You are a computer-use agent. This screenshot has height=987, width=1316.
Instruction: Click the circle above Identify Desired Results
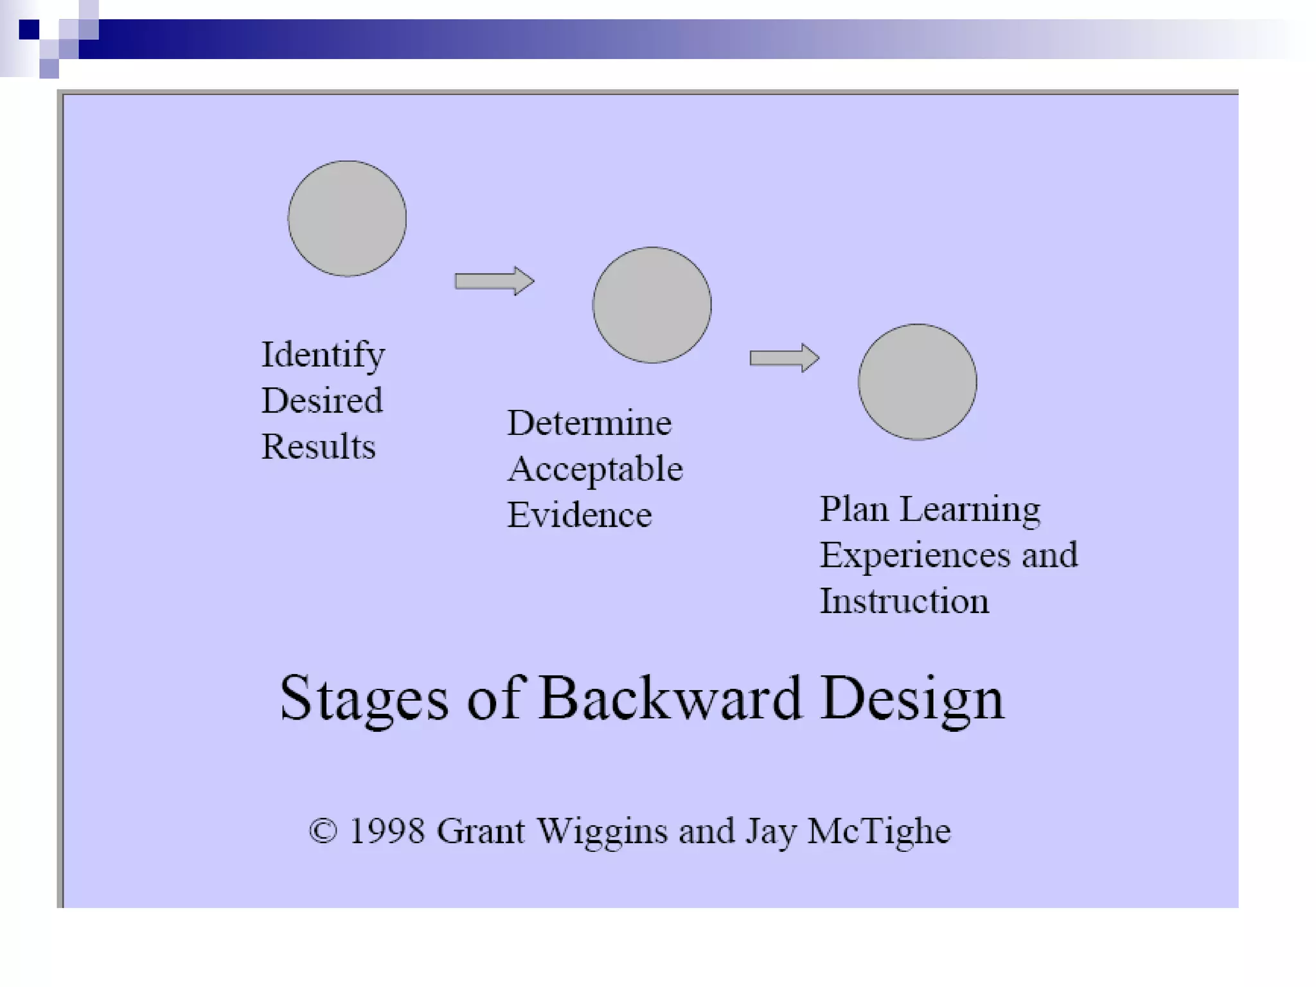click(347, 218)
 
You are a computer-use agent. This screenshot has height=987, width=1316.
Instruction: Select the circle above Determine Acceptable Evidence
click(652, 305)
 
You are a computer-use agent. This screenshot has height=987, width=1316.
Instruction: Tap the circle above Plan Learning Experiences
click(917, 382)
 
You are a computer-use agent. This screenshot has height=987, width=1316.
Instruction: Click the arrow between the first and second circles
click(494, 281)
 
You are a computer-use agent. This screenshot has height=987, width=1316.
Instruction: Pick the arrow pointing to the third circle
click(784, 358)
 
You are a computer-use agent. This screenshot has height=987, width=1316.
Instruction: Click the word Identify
click(323, 355)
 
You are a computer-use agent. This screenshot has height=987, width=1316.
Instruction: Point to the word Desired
click(322, 401)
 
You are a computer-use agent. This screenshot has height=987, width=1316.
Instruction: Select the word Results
click(318, 447)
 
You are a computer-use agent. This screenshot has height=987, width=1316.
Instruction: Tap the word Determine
click(589, 423)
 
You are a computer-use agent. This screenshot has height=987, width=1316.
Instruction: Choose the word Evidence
click(579, 515)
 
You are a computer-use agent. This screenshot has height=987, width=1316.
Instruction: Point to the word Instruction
click(904, 601)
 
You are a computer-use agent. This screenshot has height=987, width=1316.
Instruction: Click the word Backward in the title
click(670, 698)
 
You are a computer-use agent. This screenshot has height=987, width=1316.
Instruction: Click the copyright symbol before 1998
click(323, 831)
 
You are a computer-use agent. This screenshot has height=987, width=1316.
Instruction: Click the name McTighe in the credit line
click(878, 832)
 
